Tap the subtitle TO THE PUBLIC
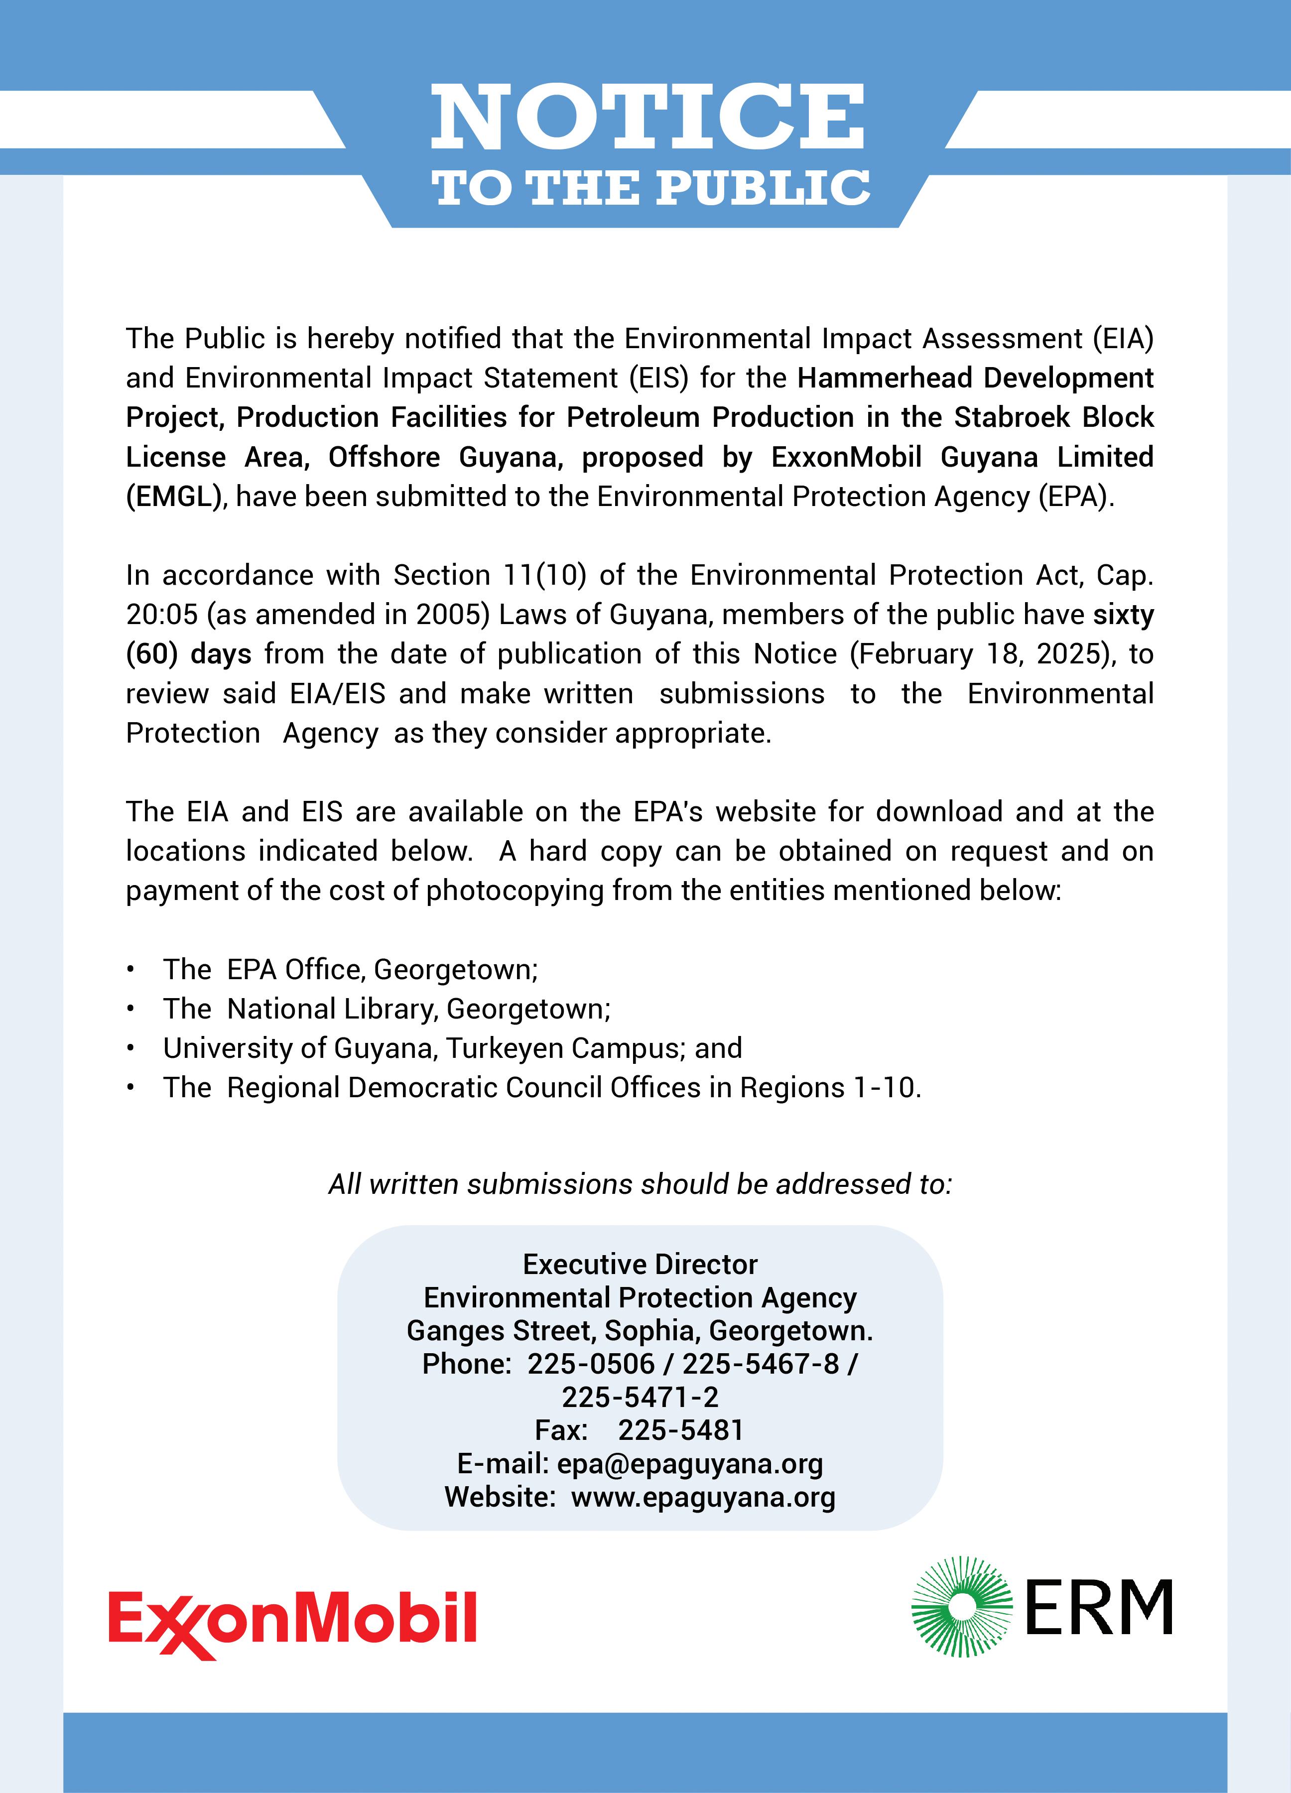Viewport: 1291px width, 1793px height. coord(650,189)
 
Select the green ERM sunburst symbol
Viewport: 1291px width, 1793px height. coord(961,1606)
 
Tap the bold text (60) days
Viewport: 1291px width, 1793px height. coord(188,654)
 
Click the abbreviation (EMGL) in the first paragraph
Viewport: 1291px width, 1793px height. coord(173,497)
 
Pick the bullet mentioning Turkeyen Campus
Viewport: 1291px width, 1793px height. coord(452,1048)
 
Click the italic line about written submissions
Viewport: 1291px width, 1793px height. coord(641,1183)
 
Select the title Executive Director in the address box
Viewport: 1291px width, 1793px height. coord(641,1264)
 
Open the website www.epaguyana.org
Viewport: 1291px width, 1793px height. coord(703,1497)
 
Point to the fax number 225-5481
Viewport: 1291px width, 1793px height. coord(681,1430)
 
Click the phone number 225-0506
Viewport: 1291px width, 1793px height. coord(591,1364)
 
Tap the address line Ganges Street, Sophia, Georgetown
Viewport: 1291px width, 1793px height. coord(640,1330)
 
